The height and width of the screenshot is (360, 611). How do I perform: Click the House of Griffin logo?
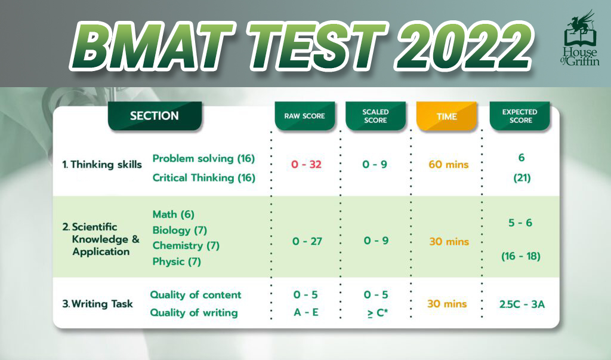[580, 39]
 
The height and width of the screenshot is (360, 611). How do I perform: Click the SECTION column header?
[155, 116]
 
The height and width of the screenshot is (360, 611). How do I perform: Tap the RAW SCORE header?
[305, 116]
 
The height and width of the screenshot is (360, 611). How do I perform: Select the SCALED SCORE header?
[376, 116]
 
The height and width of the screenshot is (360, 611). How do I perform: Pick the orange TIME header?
[446, 116]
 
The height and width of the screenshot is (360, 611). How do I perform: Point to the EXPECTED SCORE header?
[520, 116]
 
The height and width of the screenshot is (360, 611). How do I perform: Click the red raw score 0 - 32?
[306, 165]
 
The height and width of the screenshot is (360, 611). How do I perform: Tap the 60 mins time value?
[449, 165]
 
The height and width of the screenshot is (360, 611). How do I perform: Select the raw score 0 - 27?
[307, 241]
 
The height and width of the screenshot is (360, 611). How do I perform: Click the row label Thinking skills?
[102, 165]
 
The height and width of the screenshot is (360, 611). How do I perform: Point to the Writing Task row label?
[98, 304]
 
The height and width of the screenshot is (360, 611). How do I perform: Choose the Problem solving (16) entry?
[203, 159]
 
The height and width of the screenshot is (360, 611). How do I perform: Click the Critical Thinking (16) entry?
[204, 178]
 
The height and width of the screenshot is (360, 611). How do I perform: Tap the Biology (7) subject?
[180, 230]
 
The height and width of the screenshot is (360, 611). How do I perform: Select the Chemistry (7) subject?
[186, 246]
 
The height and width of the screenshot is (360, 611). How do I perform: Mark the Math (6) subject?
[174, 214]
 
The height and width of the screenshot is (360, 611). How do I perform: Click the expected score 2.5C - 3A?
[522, 304]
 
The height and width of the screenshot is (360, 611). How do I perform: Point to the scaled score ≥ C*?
[377, 313]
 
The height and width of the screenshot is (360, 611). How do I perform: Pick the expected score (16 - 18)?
[520, 256]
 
